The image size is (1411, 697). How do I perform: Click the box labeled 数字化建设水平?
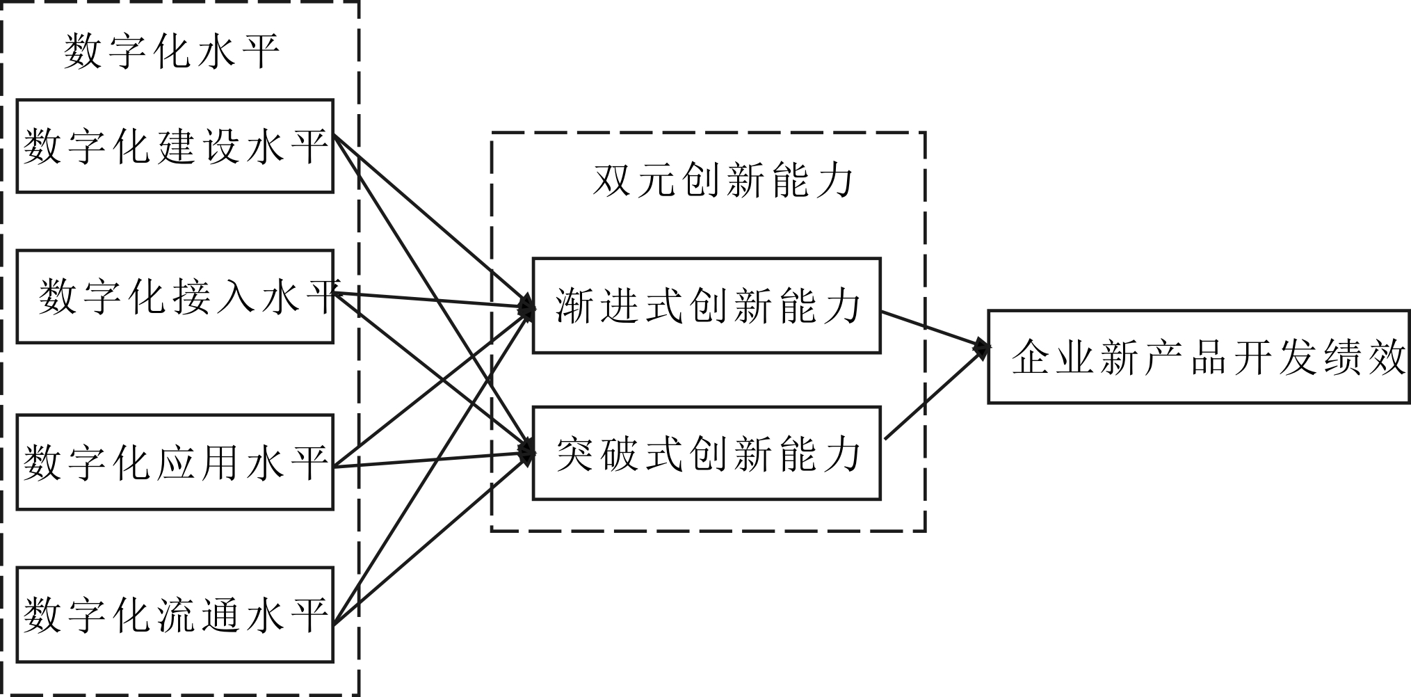coord(175,146)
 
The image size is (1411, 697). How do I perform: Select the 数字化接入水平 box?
coord(175,297)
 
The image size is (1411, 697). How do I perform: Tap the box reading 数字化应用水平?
coord(175,463)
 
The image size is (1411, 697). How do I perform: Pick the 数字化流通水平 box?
coord(175,615)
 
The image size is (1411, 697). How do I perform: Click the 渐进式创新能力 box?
coord(707,306)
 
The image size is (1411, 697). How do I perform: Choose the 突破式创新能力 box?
coord(707,454)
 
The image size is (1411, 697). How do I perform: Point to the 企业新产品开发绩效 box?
coord(1199,357)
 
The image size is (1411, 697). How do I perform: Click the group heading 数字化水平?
coord(172,51)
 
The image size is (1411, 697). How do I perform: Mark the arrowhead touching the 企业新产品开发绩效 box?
coord(982,347)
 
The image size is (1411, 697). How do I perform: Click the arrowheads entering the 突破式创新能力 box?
coord(528,452)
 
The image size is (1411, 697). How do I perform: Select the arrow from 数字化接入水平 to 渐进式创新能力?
coord(431,300)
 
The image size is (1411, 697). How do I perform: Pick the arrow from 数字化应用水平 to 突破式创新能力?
coord(431,460)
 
